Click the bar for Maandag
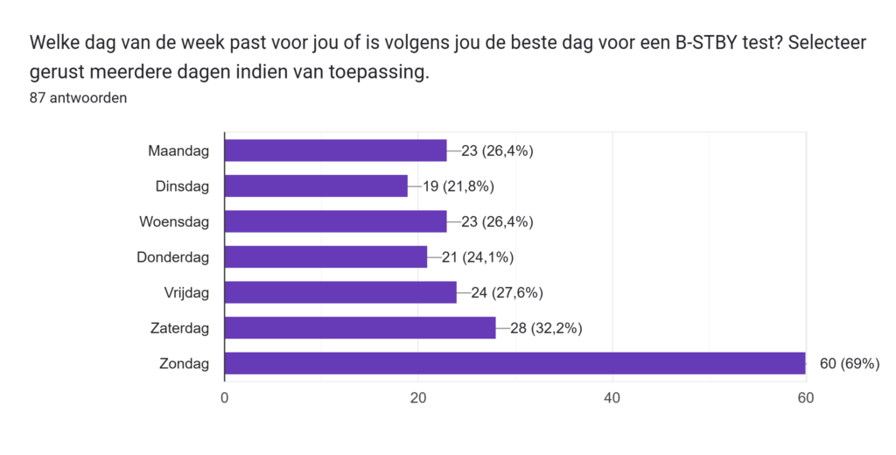coord(335,150)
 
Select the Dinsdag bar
coord(316,185)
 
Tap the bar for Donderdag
coord(325,256)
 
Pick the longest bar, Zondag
coord(514,363)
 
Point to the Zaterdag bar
coord(360,327)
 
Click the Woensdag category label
coord(174,221)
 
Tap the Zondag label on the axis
coord(185,363)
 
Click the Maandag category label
coord(178,150)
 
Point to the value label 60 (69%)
coord(849,363)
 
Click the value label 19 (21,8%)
coord(458,185)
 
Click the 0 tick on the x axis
coord(225,398)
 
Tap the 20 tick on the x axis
coord(418,398)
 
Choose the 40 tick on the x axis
coord(612,398)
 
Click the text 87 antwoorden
coord(78,98)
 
